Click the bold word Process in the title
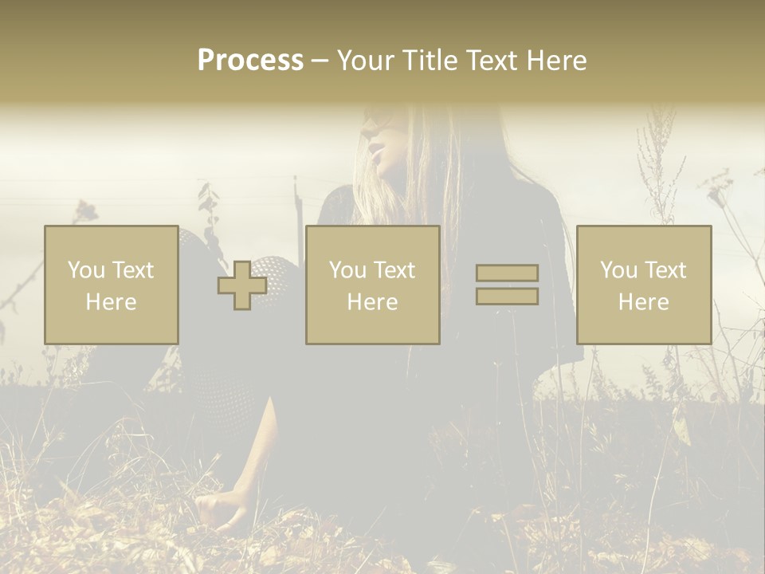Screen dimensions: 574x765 250,61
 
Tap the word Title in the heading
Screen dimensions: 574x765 430,61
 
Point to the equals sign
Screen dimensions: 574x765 507,285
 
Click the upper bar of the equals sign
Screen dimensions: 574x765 507,273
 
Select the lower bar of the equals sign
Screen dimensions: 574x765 507,296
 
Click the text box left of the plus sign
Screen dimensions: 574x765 111,285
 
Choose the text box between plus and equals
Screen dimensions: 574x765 372,285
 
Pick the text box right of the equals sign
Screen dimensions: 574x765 643,285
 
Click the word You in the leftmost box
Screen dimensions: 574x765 84,270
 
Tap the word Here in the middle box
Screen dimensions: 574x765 372,302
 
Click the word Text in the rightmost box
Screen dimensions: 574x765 665,270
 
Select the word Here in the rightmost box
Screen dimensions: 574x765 643,302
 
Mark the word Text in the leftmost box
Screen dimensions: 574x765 132,270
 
